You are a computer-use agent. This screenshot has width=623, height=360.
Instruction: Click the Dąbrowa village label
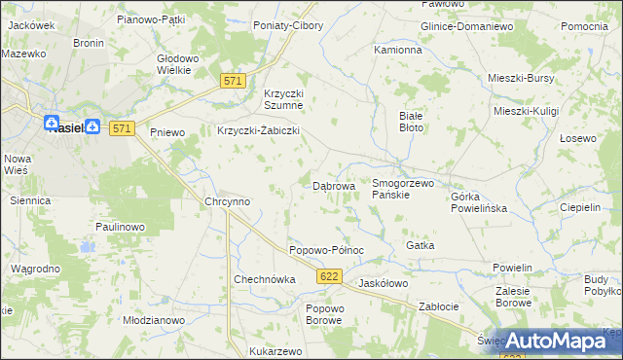333,185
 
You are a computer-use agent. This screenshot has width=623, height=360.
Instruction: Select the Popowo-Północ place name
326,250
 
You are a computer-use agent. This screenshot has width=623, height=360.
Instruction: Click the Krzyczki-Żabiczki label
258,130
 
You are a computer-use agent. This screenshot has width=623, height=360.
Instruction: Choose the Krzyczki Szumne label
284,99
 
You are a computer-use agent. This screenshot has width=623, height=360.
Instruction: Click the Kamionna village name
398,49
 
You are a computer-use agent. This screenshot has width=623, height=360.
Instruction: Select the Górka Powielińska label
480,201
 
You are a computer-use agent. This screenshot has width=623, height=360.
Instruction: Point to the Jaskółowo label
383,283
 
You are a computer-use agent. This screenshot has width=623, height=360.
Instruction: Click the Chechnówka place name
264,279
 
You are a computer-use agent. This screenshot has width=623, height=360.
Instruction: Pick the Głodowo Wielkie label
178,64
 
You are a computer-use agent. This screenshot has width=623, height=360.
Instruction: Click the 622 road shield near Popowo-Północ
329,278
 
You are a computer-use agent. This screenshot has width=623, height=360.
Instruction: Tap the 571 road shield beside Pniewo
122,128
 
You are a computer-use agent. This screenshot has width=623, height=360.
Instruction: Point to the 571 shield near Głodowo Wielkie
231,82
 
